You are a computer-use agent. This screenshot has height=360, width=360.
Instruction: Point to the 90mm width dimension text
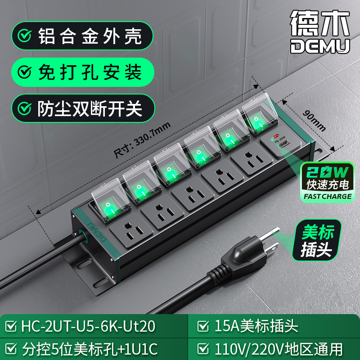pyautogui.click(x=314, y=121)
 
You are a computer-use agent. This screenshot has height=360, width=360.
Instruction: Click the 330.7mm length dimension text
pyautogui.click(x=142, y=140)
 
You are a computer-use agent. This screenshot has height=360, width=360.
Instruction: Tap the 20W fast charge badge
pyautogui.click(x=328, y=182)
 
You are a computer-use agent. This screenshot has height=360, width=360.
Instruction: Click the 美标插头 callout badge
pyautogui.click(x=317, y=240)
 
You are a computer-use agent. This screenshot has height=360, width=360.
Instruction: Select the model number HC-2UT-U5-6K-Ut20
pyautogui.click(x=88, y=326)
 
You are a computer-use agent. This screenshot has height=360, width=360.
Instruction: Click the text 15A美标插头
pyautogui.click(x=256, y=326)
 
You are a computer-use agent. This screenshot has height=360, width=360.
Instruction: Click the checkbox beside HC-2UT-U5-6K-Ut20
pyautogui.click(x=11, y=326)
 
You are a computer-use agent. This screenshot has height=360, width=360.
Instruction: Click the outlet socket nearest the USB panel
pyautogui.click(x=252, y=158)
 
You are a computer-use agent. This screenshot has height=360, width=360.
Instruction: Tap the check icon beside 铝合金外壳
pyautogui.click(x=25, y=36)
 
